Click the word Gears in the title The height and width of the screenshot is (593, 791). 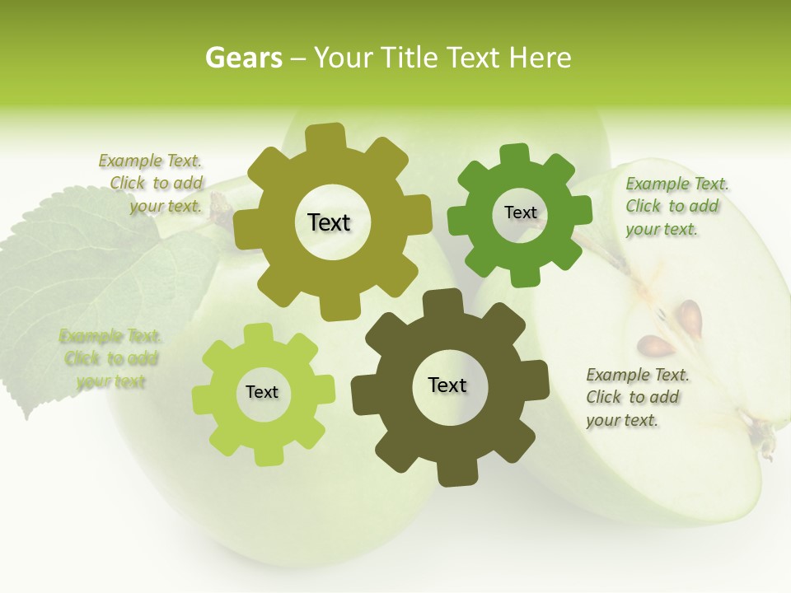pos(243,58)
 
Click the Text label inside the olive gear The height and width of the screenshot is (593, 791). pos(329,222)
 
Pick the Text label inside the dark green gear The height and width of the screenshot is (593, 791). pos(520,212)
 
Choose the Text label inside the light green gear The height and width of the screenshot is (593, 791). pos(262,392)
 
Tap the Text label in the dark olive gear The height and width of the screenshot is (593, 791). pos(447,385)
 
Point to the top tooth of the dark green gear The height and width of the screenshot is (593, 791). pos(513,154)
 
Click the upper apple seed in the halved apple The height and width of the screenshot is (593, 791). pos(689,318)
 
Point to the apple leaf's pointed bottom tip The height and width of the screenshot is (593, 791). pos(30,416)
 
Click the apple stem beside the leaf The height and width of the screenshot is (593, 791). pos(221,210)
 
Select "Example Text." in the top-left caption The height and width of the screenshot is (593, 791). pos(150,161)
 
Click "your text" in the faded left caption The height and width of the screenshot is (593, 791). pos(110,381)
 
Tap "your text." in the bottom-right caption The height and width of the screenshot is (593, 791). pos(622,420)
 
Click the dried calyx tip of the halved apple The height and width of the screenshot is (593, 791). pos(766,445)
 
